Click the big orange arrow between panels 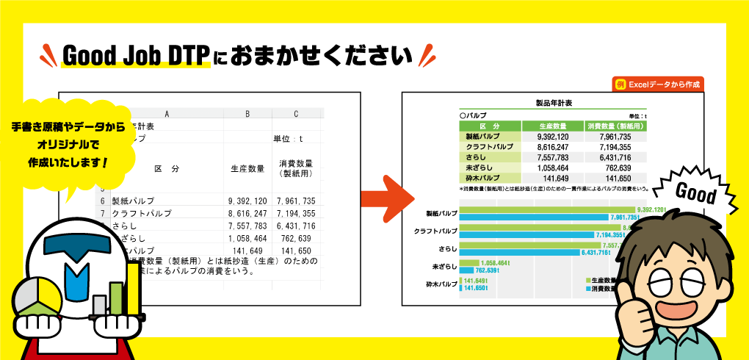pos(387,195)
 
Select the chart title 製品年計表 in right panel pos(554,104)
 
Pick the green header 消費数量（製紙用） pos(615,126)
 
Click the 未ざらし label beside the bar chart pos(445,266)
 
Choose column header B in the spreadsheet pos(247,114)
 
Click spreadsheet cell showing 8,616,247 pos(247,213)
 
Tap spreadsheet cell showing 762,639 pos(295,238)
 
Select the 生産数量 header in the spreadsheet pos(247,169)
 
